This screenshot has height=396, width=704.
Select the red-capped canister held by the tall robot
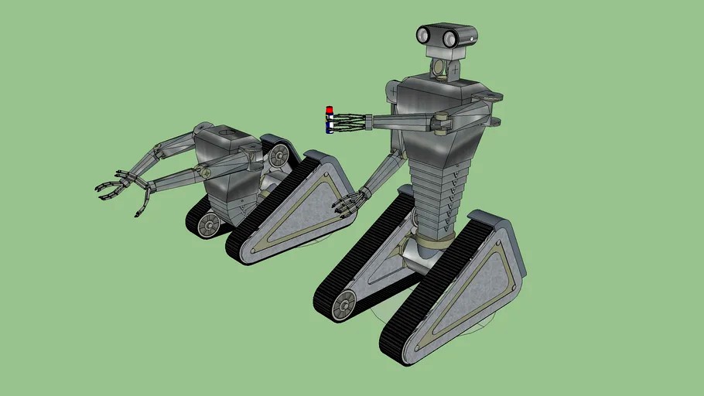pyautogui.click(x=330, y=121)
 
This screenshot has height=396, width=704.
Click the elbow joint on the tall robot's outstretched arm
pyautogui.click(x=443, y=121)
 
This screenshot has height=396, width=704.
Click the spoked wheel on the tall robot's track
pyautogui.click(x=343, y=304)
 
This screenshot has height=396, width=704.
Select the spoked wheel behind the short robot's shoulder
pyautogui.click(x=279, y=156)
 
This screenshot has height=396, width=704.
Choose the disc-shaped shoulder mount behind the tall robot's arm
pyautogui.click(x=492, y=98)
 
